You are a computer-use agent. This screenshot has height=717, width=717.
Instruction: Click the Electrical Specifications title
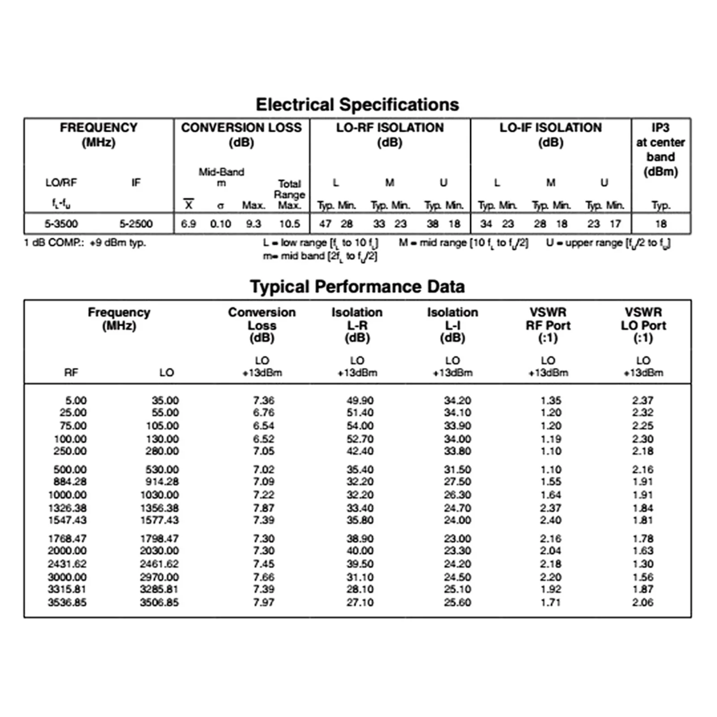tap(357, 104)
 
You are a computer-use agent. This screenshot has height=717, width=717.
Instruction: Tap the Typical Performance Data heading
tap(357, 287)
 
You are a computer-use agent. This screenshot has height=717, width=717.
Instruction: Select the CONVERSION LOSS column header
tap(241, 134)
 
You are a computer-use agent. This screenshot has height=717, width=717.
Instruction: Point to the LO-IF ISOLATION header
tap(550, 134)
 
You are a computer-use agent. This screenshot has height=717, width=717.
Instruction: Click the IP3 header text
tap(661, 149)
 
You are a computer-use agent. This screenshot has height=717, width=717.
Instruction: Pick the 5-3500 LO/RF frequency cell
tap(61, 224)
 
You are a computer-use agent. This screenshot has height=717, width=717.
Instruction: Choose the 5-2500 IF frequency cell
tap(136, 224)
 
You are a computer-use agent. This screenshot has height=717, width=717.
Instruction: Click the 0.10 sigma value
tap(221, 224)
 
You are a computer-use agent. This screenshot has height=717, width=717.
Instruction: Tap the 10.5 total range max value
tap(290, 224)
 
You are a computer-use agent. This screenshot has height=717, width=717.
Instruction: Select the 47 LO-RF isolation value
tap(325, 224)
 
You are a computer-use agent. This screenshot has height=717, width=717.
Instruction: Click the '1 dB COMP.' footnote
tap(85, 243)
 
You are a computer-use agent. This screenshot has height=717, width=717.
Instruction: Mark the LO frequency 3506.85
tap(159, 602)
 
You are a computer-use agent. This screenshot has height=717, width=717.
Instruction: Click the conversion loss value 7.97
tap(264, 602)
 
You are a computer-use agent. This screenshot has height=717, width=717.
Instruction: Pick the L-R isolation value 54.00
tap(360, 425)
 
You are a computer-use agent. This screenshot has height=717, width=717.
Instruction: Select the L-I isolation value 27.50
tap(457, 482)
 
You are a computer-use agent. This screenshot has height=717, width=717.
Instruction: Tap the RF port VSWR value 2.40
tap(550, 520)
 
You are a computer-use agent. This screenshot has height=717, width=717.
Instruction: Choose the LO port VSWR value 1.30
tap(643, 564)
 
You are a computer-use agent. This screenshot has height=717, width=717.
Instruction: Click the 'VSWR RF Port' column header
tap(548, 325)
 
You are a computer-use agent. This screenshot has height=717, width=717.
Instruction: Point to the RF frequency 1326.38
tap(68, 508)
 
